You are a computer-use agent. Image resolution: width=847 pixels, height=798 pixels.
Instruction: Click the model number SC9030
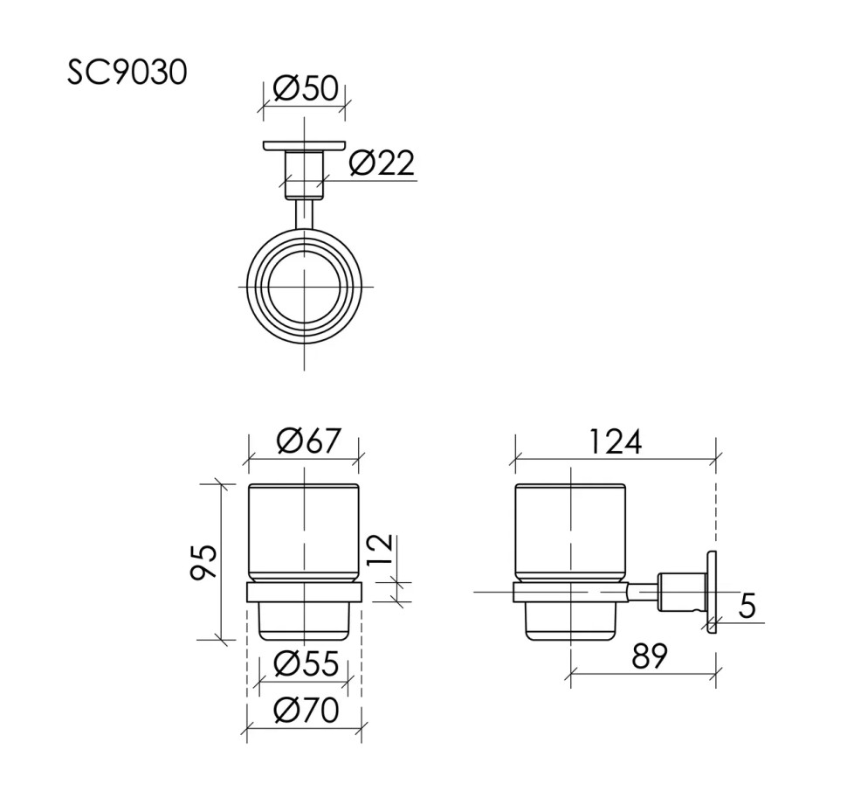coord(127,73)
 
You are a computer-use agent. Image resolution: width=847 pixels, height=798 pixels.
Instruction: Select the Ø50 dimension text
coord(305,88)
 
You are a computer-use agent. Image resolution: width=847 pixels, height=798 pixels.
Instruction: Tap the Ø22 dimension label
coord(382,163)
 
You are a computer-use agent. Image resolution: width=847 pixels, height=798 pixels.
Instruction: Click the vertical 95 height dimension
coord(203,562)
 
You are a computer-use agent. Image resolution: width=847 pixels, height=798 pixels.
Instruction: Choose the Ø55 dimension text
coord(306,664)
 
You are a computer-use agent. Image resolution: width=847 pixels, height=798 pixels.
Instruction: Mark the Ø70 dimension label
coord(306,711)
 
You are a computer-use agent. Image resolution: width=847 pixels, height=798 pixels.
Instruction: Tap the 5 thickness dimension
coord(747,606)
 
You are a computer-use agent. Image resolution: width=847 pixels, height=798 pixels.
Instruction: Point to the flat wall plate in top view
coord(304,146)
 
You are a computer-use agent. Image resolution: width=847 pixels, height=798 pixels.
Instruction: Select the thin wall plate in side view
coord(713,592)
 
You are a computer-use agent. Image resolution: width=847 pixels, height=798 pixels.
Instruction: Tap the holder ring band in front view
coord(304,592)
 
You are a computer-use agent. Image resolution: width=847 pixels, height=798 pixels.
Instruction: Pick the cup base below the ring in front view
coord(304,621)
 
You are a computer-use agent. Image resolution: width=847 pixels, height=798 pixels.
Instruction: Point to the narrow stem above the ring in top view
coord(304,214)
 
